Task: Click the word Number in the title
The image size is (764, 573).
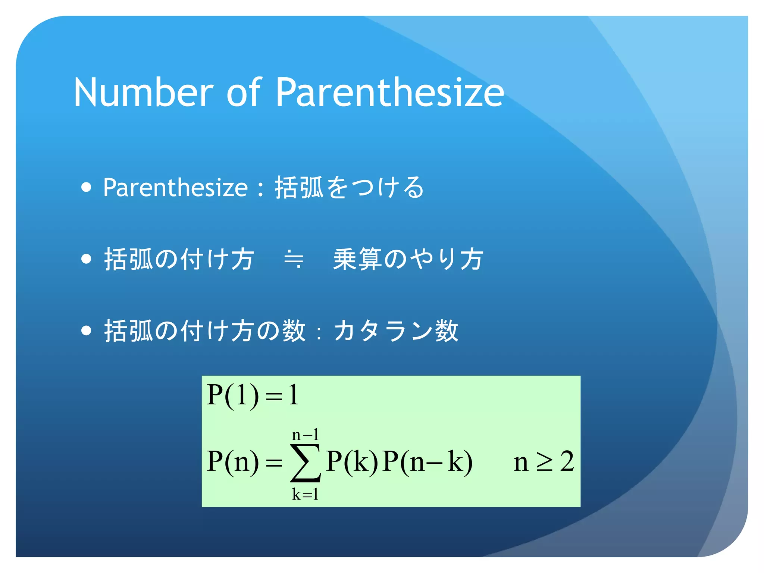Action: pyautogui.click(x=143, y=92)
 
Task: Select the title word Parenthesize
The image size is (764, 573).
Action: pyautogui.click(x=390, y=92)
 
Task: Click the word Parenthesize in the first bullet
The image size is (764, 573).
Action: pyautogui.click(x=175, y=188)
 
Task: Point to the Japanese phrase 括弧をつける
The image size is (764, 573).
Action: pyautogui.click(x=349, y=187)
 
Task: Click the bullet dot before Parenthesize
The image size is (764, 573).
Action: pyautogui.click(x=86, y=187)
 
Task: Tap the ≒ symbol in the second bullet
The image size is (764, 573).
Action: pyautogui.click(x=294, y=259)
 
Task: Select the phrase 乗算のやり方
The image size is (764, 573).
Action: pyautogui.click(x=408, y=259)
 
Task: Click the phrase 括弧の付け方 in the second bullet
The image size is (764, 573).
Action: pyautogui.click(x=179, y=259)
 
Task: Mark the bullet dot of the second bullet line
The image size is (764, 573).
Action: pyautogui.click(x=86, y=259)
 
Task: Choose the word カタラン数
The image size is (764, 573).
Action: pyautogui.click(x=396, y=331)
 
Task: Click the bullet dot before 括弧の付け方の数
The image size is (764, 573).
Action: pyautogui.click(x=86, y=331)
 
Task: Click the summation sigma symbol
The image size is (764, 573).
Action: pyautogui.click(x=306, y=463)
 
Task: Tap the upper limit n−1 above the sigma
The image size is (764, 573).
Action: pyautogui.click(x=306, y=435)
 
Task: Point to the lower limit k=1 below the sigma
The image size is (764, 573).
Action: pyautogui.click(x=306, y=495)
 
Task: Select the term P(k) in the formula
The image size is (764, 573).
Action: pyautogui.click(x=352, y=462)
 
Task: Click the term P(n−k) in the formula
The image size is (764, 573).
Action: pyautogui.click(x=428, y=462)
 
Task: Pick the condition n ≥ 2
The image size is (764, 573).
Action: pyautogui.click(x=544, y=462)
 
